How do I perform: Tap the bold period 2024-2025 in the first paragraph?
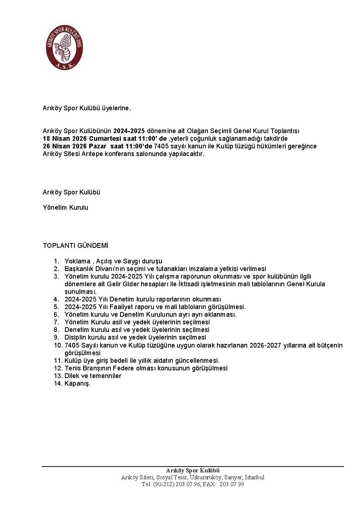click(x=129, y=131)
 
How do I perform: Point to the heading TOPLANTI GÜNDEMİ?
click(x=75, y=246)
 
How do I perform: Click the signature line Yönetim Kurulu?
click(x=65, y=208)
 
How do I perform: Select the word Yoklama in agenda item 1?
click(x=77, y=261)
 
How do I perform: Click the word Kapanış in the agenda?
click(x=77, y=383)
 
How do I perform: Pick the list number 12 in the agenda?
click(x=58, y=368)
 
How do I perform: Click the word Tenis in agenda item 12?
click(x=72, y=368)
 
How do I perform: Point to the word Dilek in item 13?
click(x=72, y=376)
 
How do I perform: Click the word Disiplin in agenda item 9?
click(x=75, y=337)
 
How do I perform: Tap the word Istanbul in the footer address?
click(x=254, y=477)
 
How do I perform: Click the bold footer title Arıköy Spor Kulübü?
click(x=193, y=471)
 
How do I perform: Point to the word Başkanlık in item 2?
click(x=79, y=269)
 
